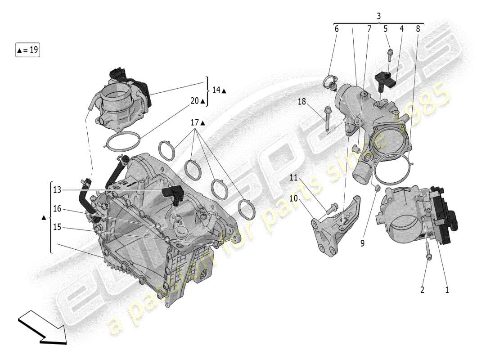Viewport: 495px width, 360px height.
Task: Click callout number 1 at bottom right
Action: tap(447, 290)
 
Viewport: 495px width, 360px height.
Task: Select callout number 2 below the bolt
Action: tap(422, 290)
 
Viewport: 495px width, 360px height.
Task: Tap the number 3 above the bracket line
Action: tap(378, 16)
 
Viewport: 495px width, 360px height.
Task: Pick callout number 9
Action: tap(362, 243)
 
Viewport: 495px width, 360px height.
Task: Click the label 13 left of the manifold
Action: tap(57, 190)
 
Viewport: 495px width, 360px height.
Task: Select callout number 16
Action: tap(57, 209)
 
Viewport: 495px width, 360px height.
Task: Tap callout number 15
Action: tap(57, 227)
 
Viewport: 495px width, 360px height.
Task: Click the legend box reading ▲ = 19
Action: tap(28, 50)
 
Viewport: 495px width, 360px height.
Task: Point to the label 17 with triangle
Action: tap(197, 122)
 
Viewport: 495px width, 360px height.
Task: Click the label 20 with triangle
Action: tap(197, 101)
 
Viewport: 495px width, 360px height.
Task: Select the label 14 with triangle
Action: tap(219, 90)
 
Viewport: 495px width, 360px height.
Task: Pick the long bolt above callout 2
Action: tap(427, 250)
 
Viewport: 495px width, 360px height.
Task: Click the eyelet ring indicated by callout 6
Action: tap(329, 82)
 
